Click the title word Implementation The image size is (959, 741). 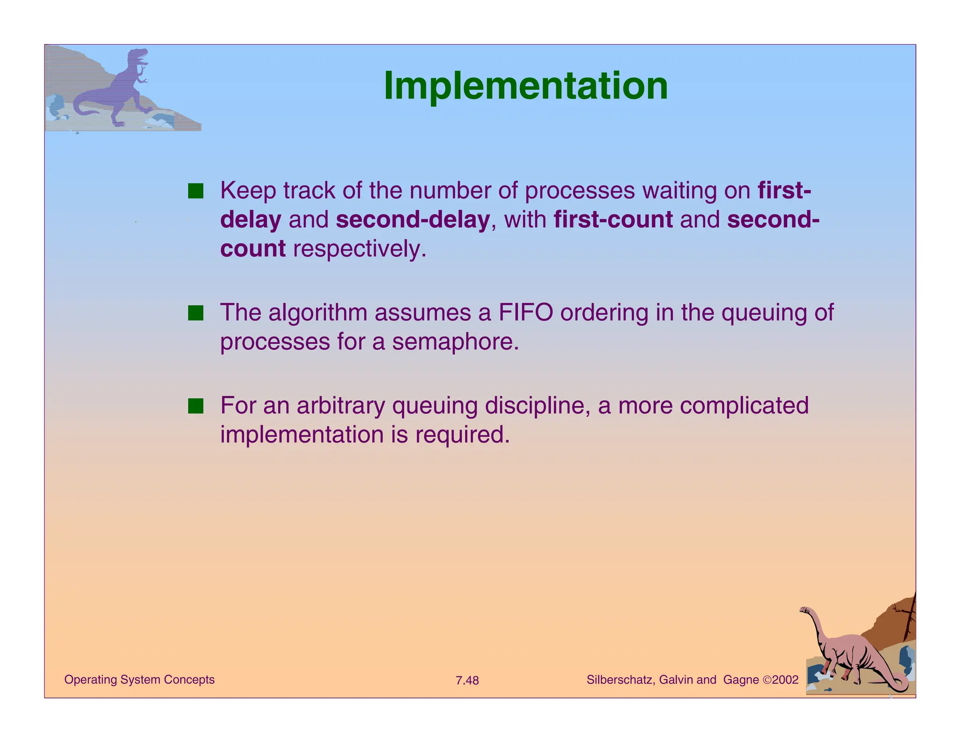click(525, 86)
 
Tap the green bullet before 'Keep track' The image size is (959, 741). click(195, 191)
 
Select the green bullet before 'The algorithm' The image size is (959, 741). click(195, 313)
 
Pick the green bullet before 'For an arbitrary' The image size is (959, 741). click(195, 406)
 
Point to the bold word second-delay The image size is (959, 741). click(413, 220)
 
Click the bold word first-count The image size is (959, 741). click(613, 220)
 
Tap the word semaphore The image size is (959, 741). click(455, 342)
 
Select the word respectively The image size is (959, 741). click(359, 249)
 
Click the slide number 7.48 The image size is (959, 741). click(467, 681)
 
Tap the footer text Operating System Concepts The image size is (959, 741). click(139, 680)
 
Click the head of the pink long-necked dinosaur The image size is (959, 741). click(804, 610)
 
